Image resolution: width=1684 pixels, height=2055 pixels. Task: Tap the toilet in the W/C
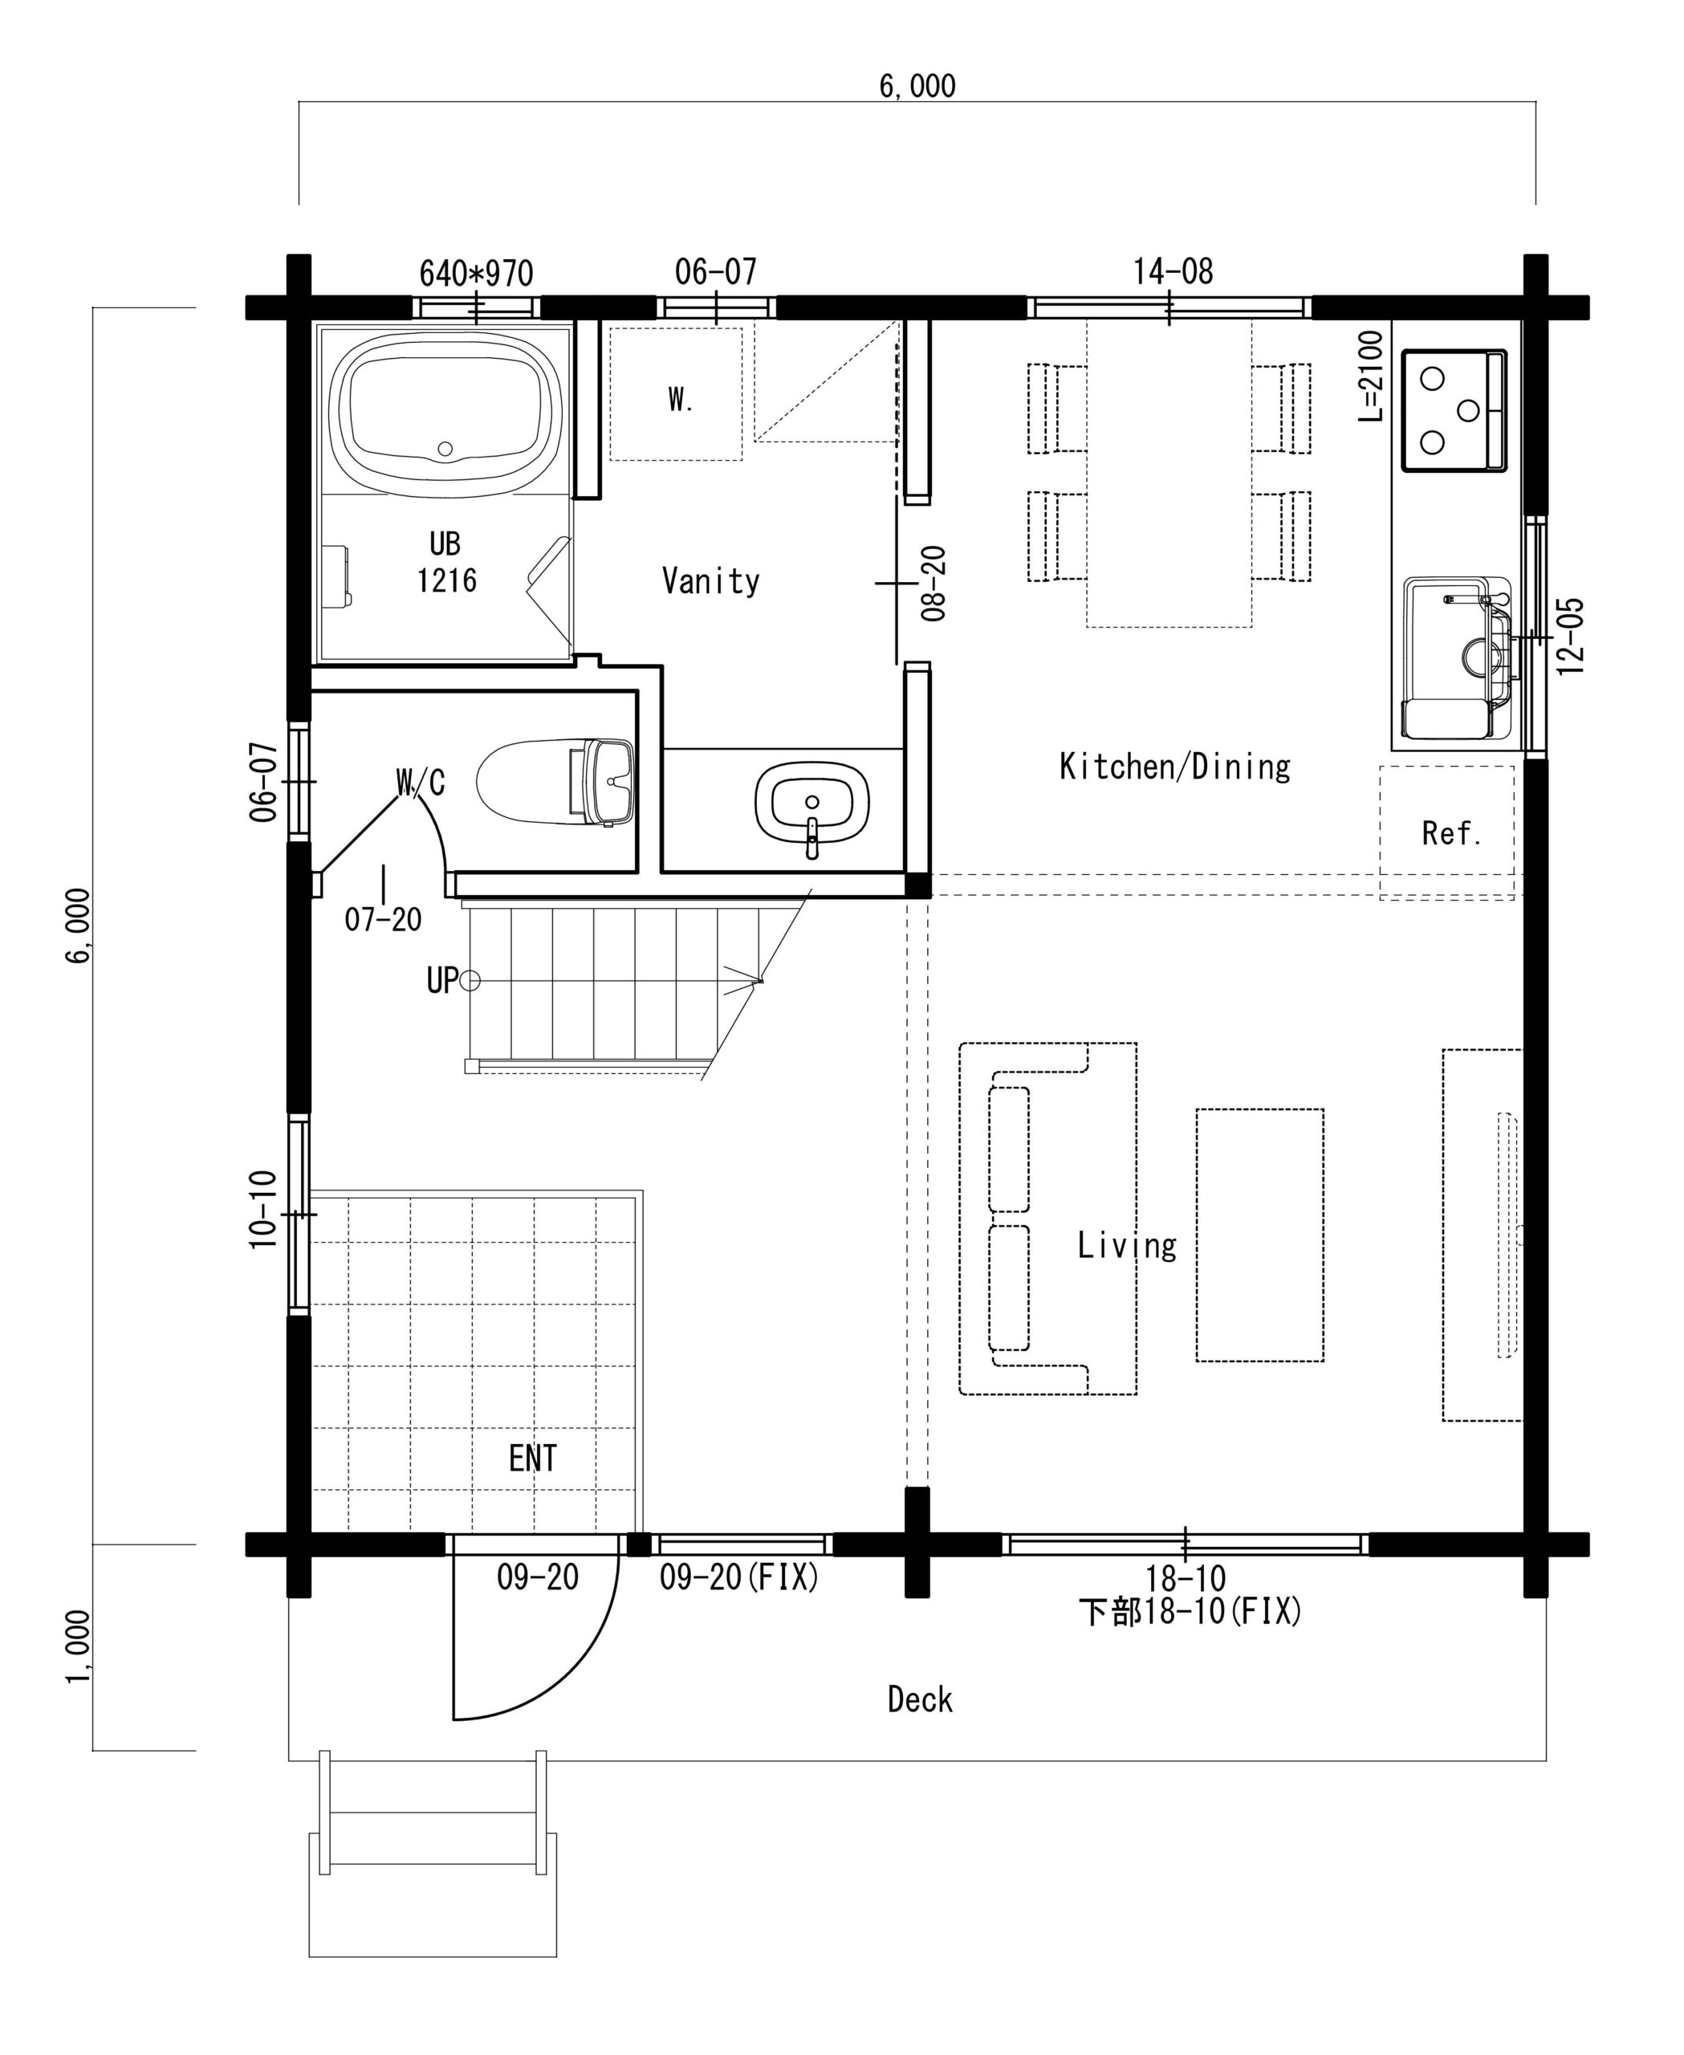pyautogui.click(x=555, y=782)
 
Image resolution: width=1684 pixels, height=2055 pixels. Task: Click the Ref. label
pyautogui.click(x=1451, y=833)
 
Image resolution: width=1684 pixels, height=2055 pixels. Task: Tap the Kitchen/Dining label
pyautogui.click(x=1175, y=767)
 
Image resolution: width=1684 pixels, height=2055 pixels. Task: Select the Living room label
pyautogui.click(x=1126, y=1245)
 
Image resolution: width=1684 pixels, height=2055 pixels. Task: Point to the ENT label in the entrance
pyautogui.click(x=532, y=1457)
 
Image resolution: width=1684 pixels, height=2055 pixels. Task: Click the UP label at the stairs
pyautogui.click(x=441, y=981)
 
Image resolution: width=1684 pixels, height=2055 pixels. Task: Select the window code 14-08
pyautogui.click(x=1173, y=271)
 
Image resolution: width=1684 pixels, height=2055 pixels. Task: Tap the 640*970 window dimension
pyautogui.click(x=476, y=274)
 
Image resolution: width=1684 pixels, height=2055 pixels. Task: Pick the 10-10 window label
pyautogui.click(x=263, y=1209)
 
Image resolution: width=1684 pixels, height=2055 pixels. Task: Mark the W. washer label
pyautogui.click(x=680, y=399)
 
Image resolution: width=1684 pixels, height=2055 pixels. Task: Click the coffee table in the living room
pyautogui.click(x=1259, y=1235)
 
